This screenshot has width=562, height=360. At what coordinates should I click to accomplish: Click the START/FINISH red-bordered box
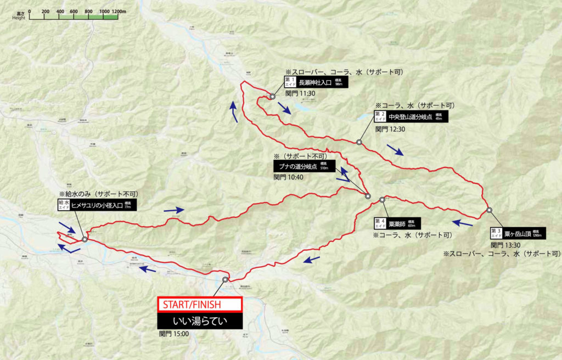(x=200, y=304)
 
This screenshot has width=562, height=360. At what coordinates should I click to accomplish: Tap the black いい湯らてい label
(x=200, y=322)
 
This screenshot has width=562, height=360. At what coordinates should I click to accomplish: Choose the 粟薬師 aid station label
(x=397, y=222)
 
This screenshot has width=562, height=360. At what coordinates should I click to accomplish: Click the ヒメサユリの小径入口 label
(x=98, y=205)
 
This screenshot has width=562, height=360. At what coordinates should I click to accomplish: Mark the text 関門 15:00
(x=173, y=334)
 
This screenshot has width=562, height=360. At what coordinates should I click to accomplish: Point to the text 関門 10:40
(x=289, y=177)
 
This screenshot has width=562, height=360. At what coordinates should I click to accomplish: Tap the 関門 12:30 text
(x=390, y=129)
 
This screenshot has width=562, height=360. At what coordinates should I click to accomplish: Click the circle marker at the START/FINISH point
(x=225, y=280)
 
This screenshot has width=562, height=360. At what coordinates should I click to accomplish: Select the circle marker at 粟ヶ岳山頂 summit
(x=488, y=210)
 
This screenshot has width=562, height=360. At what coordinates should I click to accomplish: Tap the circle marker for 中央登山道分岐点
(x=359, y=142)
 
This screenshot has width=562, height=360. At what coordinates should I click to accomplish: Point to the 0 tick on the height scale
(x=30, y=11)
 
